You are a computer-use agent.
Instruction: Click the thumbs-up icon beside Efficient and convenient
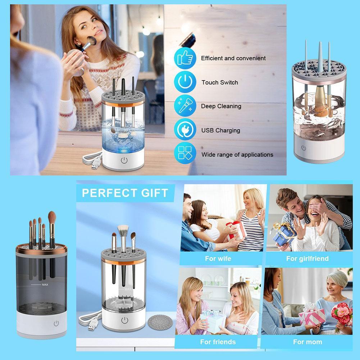click(x=185, y=58)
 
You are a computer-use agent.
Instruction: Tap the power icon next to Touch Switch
click(x=185, y=82)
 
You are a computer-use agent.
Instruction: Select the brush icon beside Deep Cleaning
click(x=185, y=106)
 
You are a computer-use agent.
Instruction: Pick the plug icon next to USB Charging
click(x=185, y=130)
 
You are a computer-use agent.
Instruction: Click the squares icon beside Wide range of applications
click(x=185, y=153)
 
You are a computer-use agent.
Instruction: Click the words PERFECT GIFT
click(x=125, y=193)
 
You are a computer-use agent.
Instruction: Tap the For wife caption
click(x=218, y=259)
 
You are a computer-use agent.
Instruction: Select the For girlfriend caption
click(x=307, y=259)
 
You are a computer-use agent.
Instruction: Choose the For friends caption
click(x=218, y=342)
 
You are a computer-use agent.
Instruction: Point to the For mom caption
click(x=307, y=342)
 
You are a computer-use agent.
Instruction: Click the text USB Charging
click(x=220, y=130)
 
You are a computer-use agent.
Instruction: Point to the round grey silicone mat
click(x=160, y=323)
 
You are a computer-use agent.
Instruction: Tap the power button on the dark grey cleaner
click(x=56, y=323)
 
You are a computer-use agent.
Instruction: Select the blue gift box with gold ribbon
click(x=284, y=234)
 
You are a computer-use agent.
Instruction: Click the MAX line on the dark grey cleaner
click(x=40, y=285)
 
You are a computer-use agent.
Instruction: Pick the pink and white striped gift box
click(x=312, y=315)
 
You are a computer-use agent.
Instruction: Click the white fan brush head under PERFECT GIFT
click(x=123, y=229)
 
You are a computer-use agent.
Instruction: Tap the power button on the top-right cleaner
click(x=304, y=148)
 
